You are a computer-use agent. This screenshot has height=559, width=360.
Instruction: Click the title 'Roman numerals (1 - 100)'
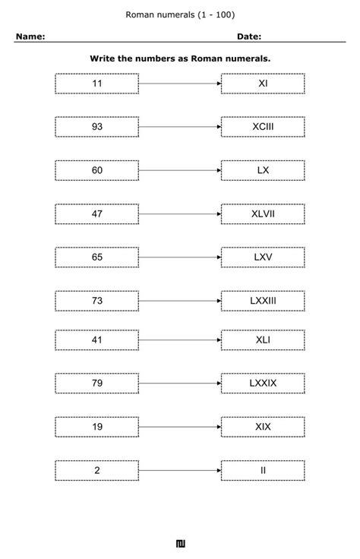tap(180, 14)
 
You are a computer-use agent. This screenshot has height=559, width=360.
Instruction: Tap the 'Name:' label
tap(30, 36)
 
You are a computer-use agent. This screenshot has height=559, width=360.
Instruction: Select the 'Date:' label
tap(249, 36)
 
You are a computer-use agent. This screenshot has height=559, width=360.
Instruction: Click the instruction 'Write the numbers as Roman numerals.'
tap(180, 58)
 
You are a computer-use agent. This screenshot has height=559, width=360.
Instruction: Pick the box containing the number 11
tap(97, 84)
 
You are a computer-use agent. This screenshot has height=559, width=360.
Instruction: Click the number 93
tap(97, 127)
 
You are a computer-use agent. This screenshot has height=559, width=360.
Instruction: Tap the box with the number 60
tap(97, 170)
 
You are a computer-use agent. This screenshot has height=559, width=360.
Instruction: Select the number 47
tap(97, 214)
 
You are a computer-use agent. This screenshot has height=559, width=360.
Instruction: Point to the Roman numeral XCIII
tap(263, 127)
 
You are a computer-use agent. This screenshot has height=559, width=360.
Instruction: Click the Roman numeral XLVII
tap(263, 214)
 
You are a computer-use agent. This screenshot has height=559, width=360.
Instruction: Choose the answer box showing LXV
tap(263, 257)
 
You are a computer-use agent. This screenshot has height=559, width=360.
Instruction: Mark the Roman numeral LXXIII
tap(263, 301)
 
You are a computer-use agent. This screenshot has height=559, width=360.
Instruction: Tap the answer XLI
tap(263, 340)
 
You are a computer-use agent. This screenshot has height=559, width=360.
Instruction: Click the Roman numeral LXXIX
tap(263, 384)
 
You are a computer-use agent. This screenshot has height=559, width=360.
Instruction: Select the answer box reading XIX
tap(263, 427)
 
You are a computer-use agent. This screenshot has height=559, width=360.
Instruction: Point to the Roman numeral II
tap(263, 470)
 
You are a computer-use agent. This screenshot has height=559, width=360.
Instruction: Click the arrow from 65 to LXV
tap(180, 257)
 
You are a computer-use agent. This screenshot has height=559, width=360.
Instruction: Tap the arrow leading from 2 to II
tap(180, 470)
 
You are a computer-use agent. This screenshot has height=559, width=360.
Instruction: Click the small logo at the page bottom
tap(180, 543)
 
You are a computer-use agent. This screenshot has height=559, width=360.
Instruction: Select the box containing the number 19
tap(97, 427)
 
